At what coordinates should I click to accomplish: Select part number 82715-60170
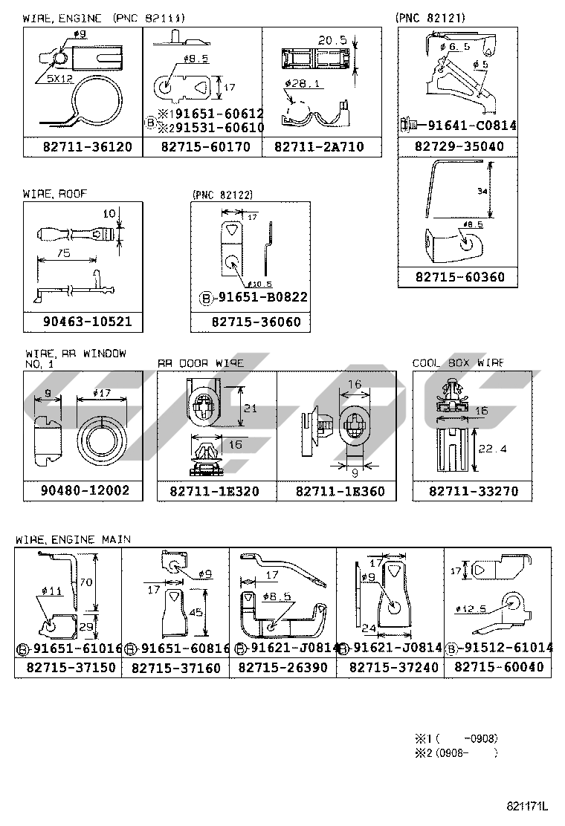203,147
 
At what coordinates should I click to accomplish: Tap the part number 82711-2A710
319,147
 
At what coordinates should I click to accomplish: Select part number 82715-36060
251,322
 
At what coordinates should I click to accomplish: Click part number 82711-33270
474,492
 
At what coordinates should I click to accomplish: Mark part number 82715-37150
68,668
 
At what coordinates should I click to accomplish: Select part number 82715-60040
498,668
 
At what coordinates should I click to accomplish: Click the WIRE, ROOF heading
54,193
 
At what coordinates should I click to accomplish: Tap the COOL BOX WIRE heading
458,362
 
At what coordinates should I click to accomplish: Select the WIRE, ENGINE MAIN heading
73,539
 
